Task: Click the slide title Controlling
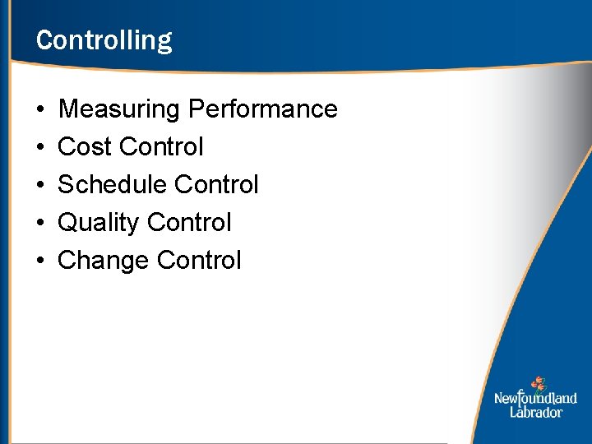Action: click(104, 40)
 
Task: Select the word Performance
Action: click(263, 109)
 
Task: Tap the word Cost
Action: click(85, 147)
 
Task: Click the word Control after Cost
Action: click(161, 147)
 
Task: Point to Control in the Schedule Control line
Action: click(217, 185)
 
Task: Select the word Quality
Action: click(98, 223)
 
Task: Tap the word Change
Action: click(104, 261)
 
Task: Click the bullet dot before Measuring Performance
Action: click(40, 110)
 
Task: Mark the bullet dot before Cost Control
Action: click(40, 148)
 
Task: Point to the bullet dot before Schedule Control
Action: click(40, 186)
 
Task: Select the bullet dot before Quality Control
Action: click(40, 224)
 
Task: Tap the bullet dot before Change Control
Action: click(40, 261)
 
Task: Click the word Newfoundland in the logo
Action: click(535, 399)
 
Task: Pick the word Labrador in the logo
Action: click(536, 412)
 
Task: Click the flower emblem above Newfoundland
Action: click(538, 383)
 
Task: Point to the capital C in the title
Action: click(44, 40)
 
